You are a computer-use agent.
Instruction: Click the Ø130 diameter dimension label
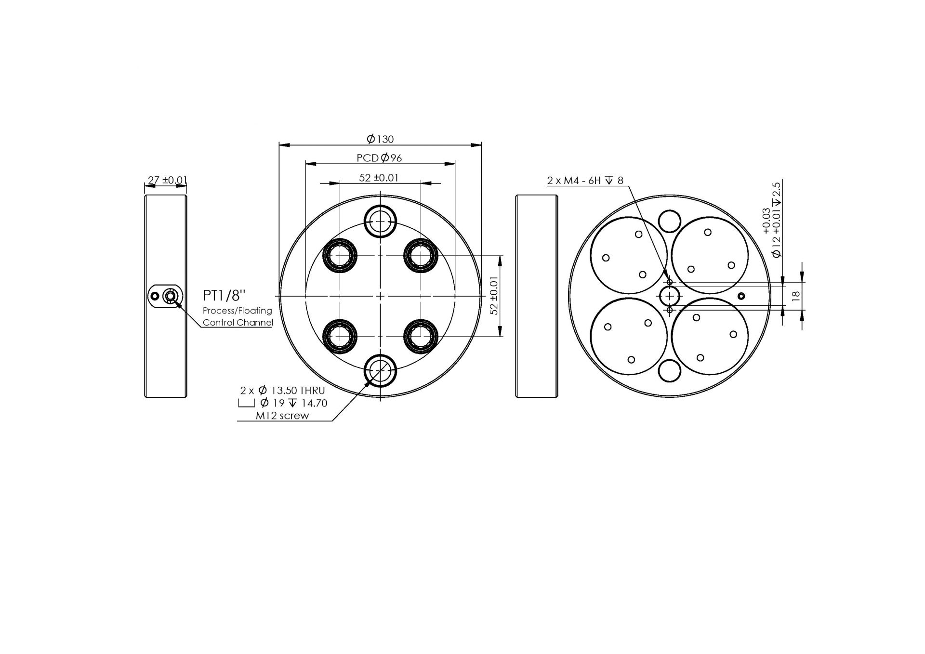[380, 139]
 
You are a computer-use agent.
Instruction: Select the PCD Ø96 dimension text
[379, 157]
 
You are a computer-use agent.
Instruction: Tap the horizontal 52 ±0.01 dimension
[379, 178]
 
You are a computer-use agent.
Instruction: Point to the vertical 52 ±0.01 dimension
[494, 296]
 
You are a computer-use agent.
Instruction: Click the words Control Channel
[238, 322]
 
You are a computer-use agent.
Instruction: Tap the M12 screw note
[282, 416]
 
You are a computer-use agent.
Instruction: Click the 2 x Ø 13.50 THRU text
[282, 390]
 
